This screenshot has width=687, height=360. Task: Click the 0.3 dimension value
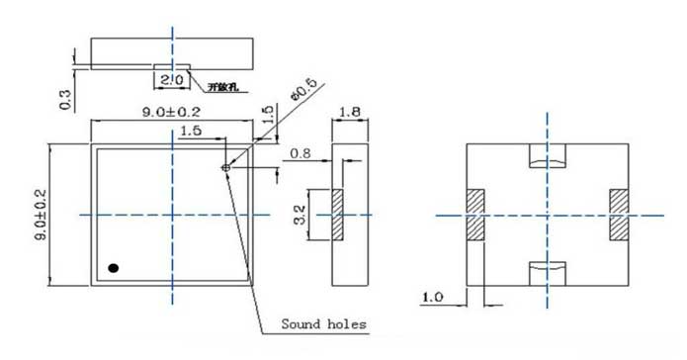click(x=66, y=98)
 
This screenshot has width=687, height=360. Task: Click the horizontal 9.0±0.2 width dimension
click(x=169, y=112)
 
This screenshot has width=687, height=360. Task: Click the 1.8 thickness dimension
click(x=350, y=114)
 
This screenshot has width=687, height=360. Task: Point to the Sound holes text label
click(x=323, y=323)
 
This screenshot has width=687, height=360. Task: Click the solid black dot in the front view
click(x=114, y=267)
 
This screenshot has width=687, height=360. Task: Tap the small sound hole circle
click(x=226, y=168)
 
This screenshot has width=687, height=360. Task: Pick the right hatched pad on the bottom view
click(x=619, y=214)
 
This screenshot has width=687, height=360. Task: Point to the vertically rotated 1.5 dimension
click(x=266, y=117)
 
